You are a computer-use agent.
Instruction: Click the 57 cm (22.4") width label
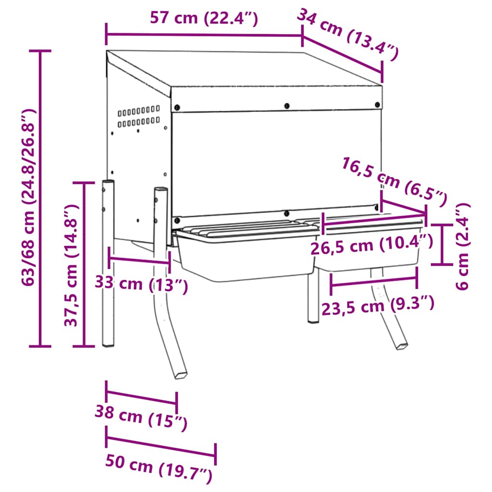[204, 18]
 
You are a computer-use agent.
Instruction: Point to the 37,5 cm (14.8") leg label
[71, 264]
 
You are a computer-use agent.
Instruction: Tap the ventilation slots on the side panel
[139, 117]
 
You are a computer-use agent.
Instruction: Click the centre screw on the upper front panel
[287, 106]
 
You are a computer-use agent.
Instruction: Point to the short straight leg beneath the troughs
[312, 298]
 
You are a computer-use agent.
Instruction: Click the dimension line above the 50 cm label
[161, 446]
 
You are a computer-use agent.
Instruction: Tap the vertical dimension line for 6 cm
[442, 244]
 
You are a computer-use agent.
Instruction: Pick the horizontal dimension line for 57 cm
[204, 35]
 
